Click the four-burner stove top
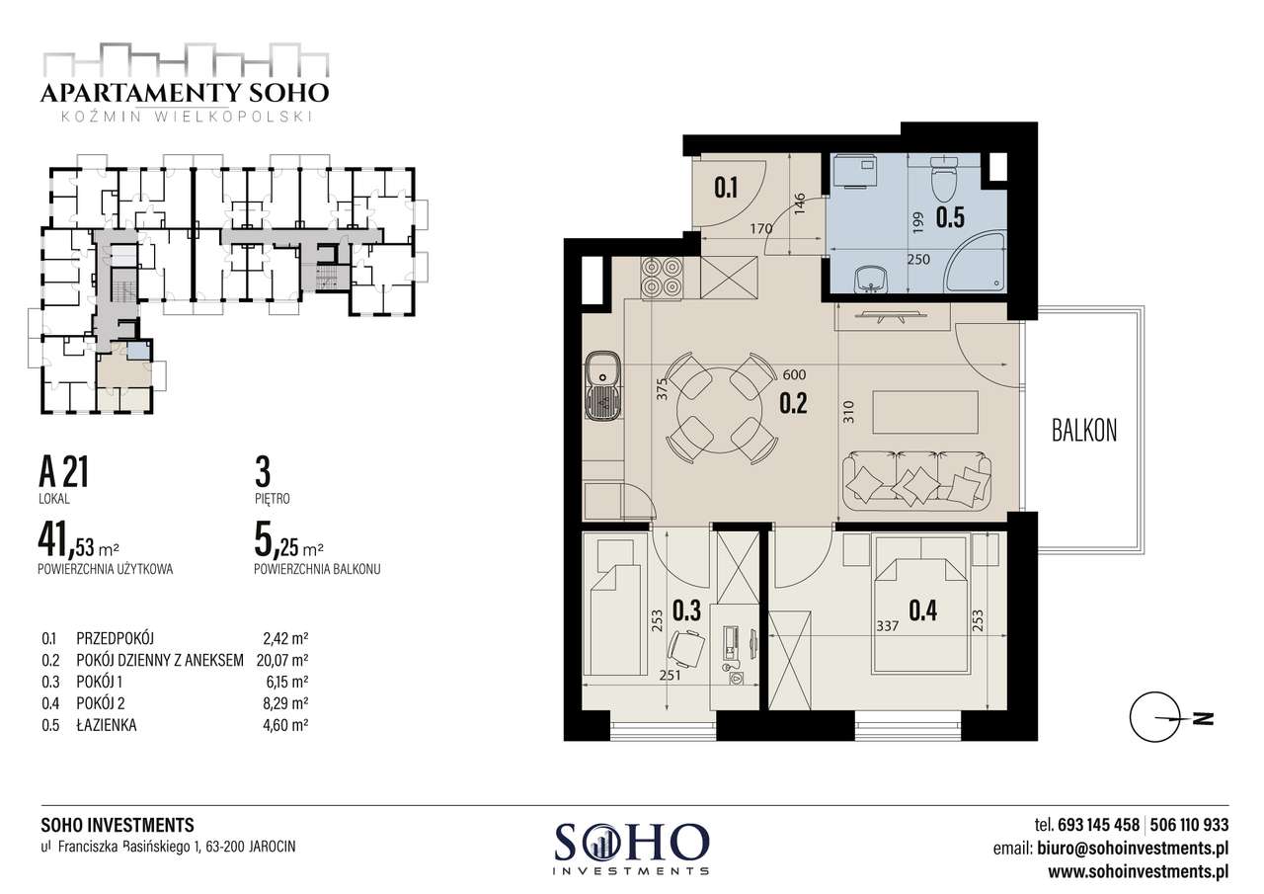tap(662, 278)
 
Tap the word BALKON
tap(1084, 431)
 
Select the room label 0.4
tap(922, 610)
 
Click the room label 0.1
tap(726, 188)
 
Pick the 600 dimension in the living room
tap(795, 374)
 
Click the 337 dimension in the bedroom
tap(888, 626)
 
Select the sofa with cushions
tap(917, 480)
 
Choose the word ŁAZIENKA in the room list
tap(106, 725)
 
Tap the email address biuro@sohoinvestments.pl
tap(1133, 849)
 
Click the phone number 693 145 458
tap(1099, 825)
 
